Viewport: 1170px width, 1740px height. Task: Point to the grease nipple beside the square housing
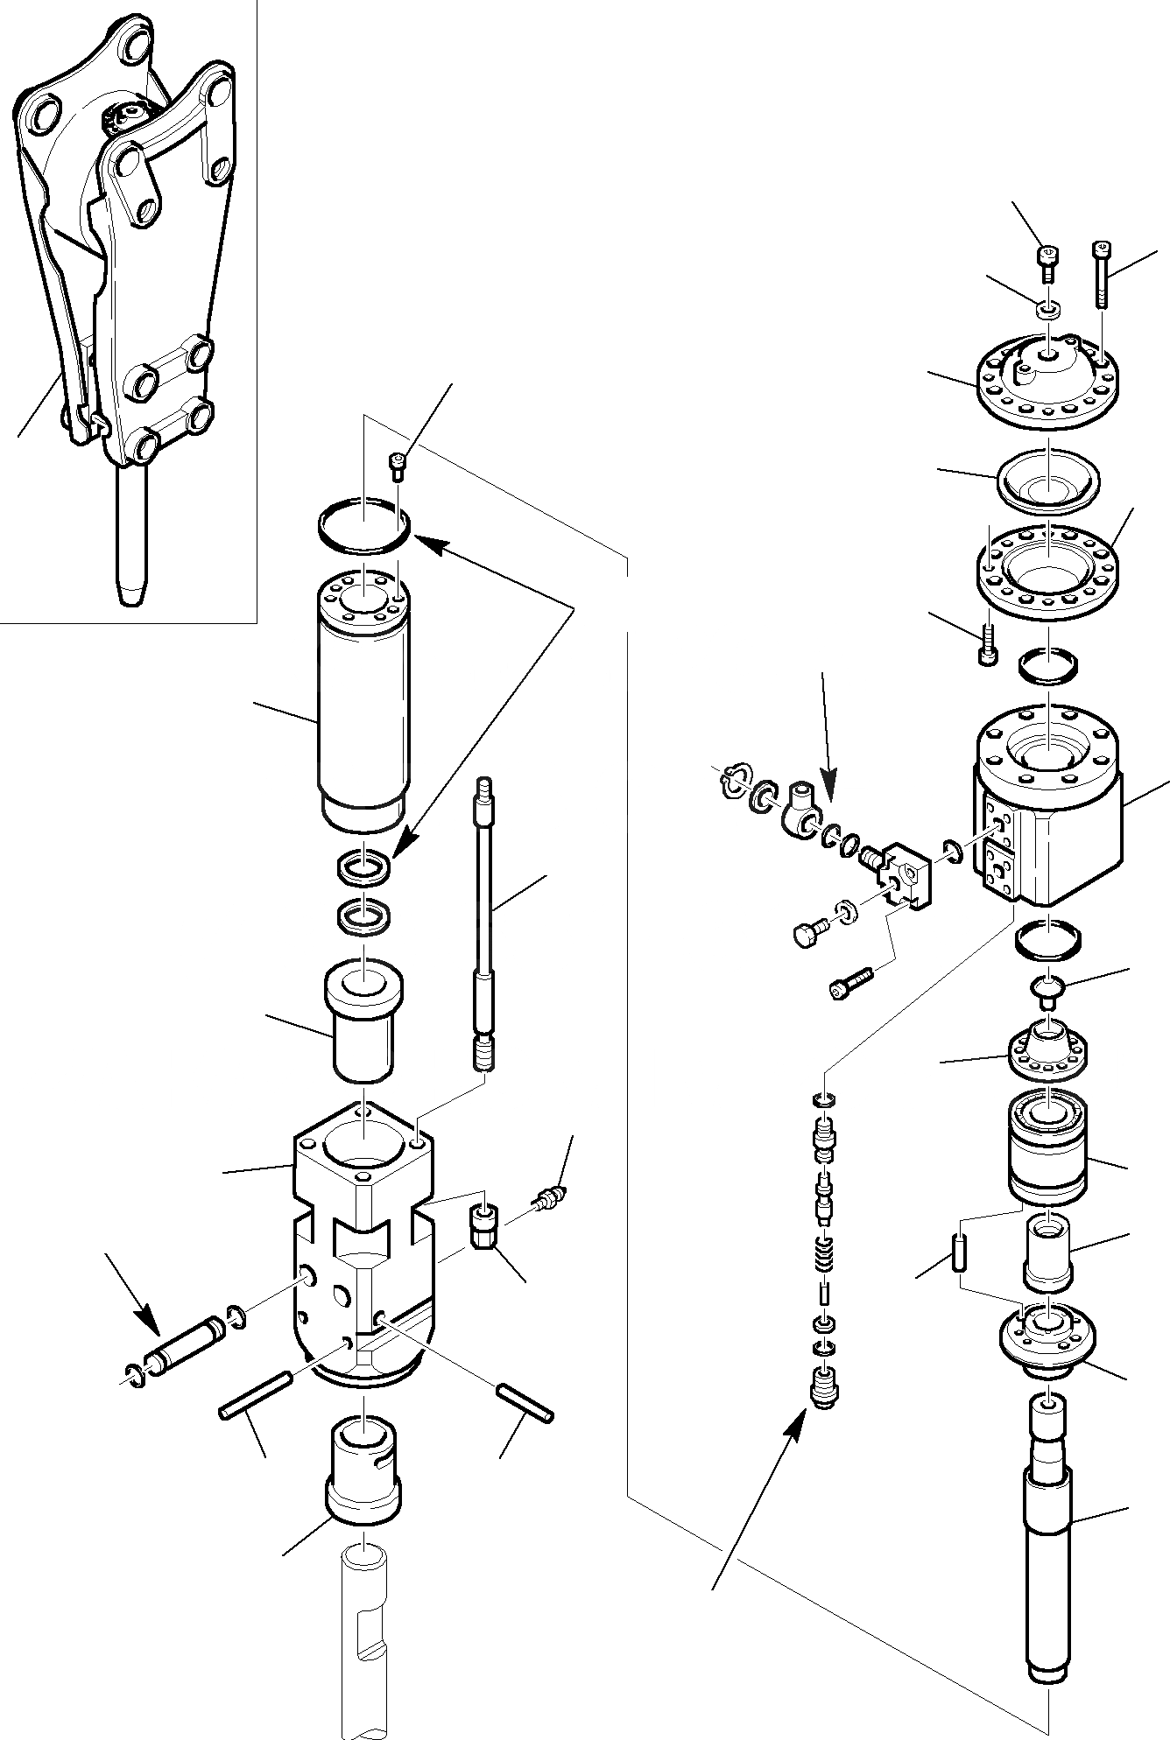coord(552,1195)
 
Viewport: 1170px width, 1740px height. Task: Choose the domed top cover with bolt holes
coord(1046,376)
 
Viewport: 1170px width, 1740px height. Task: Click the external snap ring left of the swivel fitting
coord(735,777)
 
